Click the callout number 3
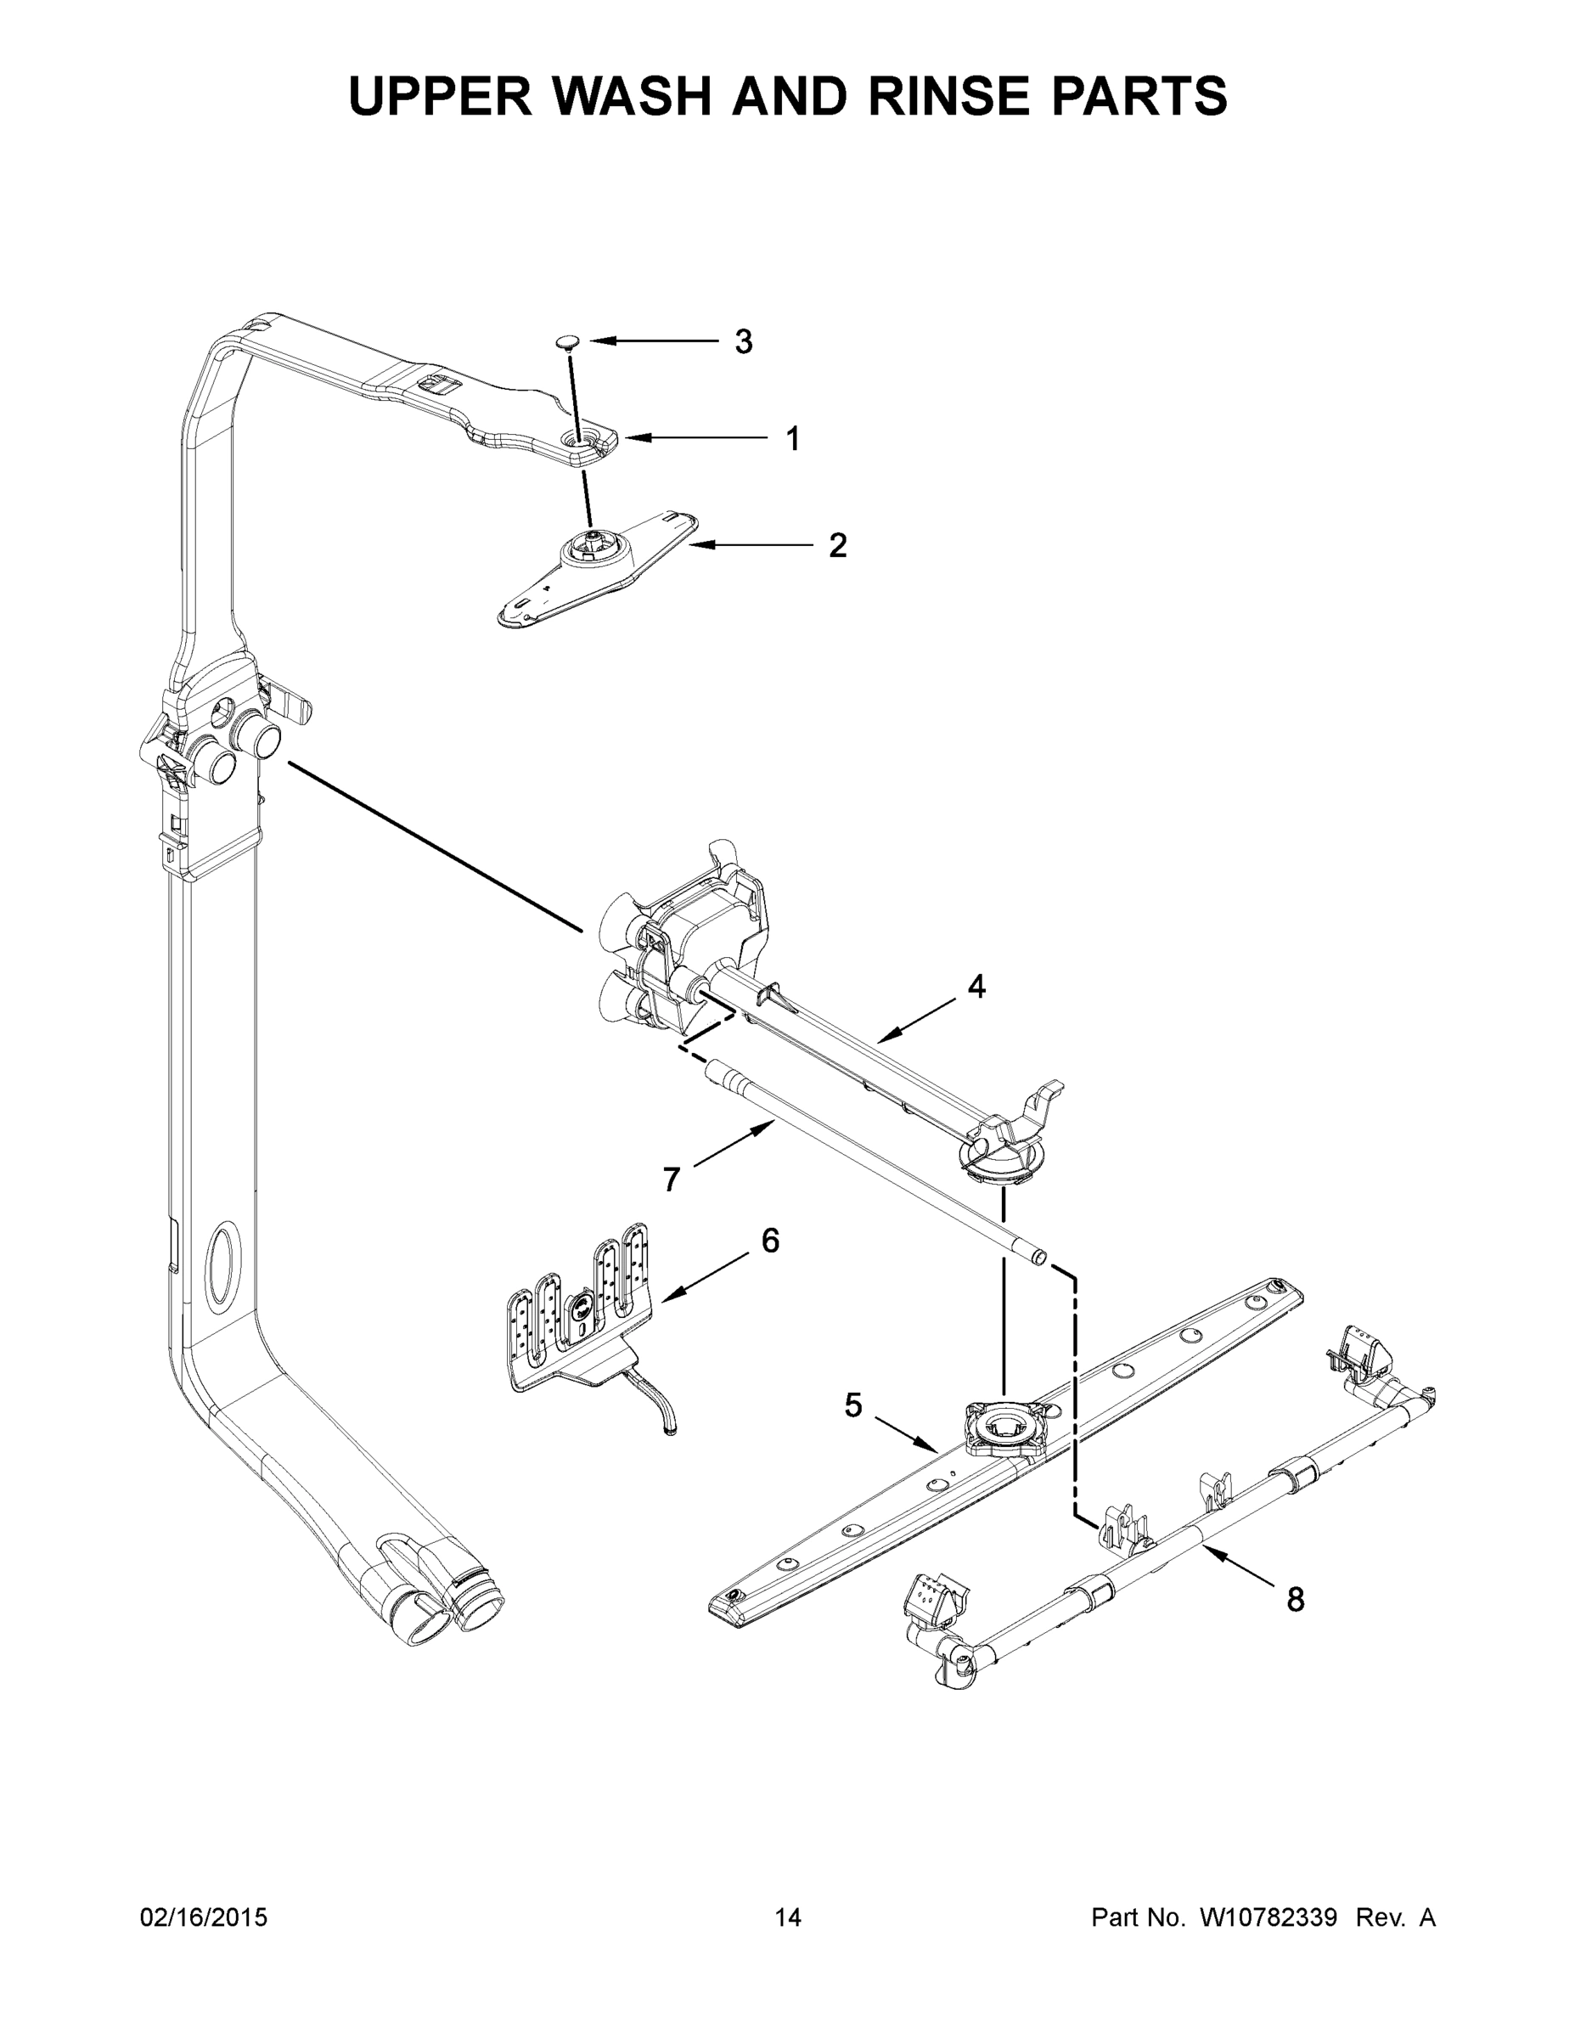[x=743, y=342]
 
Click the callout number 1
[x=792, y=438]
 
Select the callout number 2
[x=838, y=546]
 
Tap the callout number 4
[x=976, y=987]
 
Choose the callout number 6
[x=770, y=1240]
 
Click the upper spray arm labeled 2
[x=597, y=569]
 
